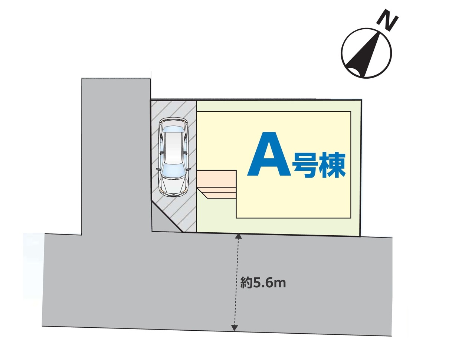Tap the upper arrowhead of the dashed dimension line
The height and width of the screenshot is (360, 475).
tap(238, 236)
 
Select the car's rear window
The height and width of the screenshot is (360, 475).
tap(174, 130)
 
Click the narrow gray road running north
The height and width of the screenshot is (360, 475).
tap(116, 156)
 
